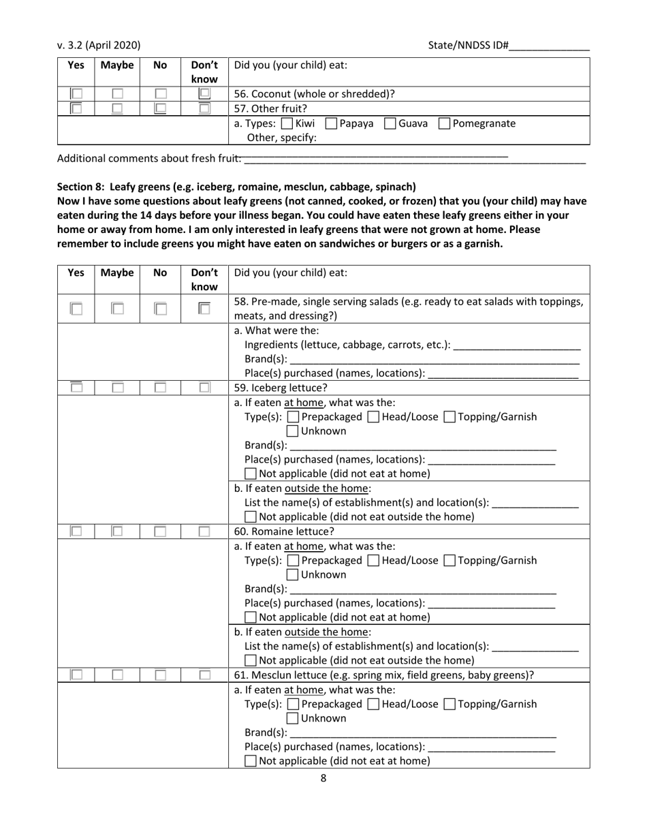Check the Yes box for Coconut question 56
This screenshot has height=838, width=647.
[x=77, y=94]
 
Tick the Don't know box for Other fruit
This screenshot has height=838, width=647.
[x=204, y=108]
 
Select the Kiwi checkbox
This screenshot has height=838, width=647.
[x=287, y=124]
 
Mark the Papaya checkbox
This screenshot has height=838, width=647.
[x=331, y=124]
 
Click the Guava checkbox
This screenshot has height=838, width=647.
[x=390, y=124]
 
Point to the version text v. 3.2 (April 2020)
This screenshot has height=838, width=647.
[x=99, y=46]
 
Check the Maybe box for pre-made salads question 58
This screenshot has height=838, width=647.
[x=118, y=309]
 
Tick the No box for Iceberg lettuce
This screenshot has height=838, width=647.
[x=160, y=388]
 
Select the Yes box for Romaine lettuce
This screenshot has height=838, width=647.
[x=77, y=531]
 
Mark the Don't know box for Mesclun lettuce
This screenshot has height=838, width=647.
[x=204, y=675]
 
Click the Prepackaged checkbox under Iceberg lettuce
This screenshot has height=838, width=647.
[x=293, y=417]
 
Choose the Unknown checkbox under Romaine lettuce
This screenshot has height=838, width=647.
[x=292, y=575]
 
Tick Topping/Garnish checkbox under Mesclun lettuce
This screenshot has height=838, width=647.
[x=449, y=704]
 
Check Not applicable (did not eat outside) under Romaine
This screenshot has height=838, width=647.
[x=251, y=660]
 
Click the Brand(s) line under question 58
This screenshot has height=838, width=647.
[x=434, y=360]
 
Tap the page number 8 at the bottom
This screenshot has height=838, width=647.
[x=323, y=779]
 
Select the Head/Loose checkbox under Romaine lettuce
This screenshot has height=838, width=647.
[x=373, y=561]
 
